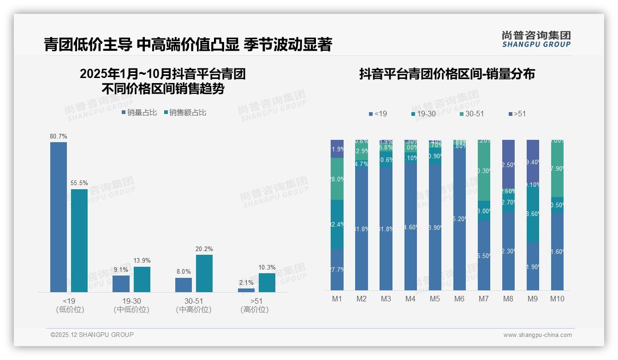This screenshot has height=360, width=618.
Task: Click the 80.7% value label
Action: coord(59,136)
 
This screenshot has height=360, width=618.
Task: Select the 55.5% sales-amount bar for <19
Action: coord(79,240)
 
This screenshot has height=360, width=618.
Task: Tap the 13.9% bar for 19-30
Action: coord(142,279)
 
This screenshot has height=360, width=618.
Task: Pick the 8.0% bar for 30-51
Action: coord(184,285)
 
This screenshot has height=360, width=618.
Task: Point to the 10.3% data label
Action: coord(267,267)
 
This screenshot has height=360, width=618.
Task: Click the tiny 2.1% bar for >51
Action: coord(246,290)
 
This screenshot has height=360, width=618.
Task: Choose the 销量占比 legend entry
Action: coord(140,112)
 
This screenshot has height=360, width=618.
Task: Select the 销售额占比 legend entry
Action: coord(185,112)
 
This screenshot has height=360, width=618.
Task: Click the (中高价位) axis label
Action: coord(194,310)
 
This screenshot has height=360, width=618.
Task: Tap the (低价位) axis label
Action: coord(70,310)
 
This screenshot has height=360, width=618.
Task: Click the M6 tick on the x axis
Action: coord(459,299)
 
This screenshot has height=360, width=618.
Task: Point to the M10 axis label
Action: coord(557,299)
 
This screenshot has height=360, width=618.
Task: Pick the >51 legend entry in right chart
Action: coord(517,114)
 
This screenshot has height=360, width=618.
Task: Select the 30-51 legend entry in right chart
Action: coord(471,114)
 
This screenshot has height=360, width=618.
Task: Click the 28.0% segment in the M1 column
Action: coord(337,179)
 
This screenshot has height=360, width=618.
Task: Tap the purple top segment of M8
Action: coord(508,164)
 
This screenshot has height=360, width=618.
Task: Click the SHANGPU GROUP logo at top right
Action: coord(536,39)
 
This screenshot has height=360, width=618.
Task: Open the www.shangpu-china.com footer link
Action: coord(537,335)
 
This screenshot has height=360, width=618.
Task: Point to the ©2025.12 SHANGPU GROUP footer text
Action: coord(92,335)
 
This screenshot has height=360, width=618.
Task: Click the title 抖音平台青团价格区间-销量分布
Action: coord(447,74)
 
